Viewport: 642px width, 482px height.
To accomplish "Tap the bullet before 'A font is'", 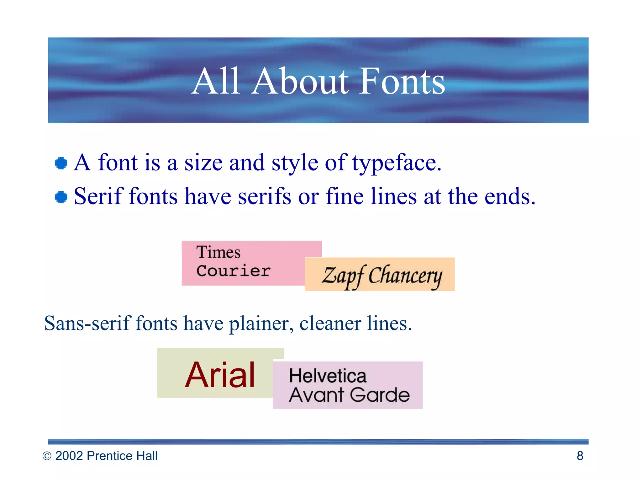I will click(61, 163).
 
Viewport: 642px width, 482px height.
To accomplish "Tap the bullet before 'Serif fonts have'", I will click(61, 197).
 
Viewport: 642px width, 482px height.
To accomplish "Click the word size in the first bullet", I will click(203, 163).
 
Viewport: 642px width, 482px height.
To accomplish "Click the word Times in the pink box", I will click(218, 252).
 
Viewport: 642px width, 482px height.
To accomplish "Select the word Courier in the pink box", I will click(234, 271).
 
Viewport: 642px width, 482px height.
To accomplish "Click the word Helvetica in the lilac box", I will click(328, 376).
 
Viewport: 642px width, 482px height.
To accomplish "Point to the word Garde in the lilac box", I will click(380, 395).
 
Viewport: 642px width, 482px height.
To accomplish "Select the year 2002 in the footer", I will click(69, 456).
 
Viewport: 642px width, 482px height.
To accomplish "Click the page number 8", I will click(580, 456).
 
